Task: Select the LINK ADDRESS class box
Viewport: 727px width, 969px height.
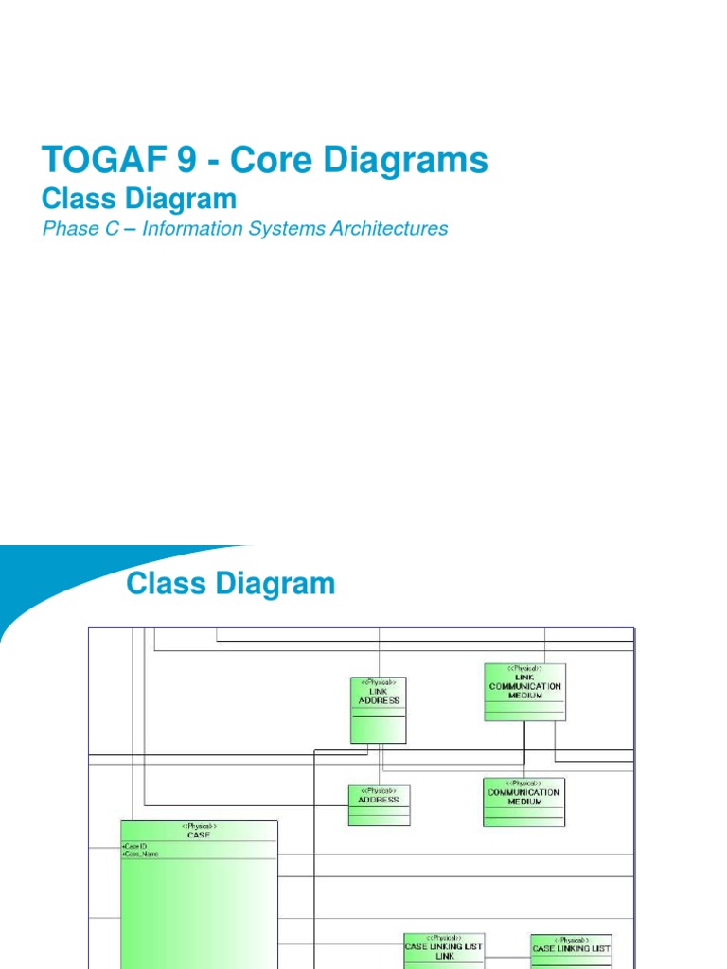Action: [379, 710]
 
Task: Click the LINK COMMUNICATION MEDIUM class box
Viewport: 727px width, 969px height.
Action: [524, 692]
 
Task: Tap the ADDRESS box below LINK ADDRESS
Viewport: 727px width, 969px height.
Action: [379, 805]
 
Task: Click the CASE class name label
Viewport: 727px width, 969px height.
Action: [199, 835]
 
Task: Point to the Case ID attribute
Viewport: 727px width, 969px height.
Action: [135, 845]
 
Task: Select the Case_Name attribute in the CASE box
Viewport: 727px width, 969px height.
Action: [142, 854]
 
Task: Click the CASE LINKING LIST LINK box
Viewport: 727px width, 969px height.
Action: [444, 950]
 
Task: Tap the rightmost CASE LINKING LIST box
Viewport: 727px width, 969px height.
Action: [571, 950]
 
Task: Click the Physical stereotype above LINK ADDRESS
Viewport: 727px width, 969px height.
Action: [379, 682]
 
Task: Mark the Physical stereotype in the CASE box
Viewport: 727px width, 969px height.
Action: [199, 826]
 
